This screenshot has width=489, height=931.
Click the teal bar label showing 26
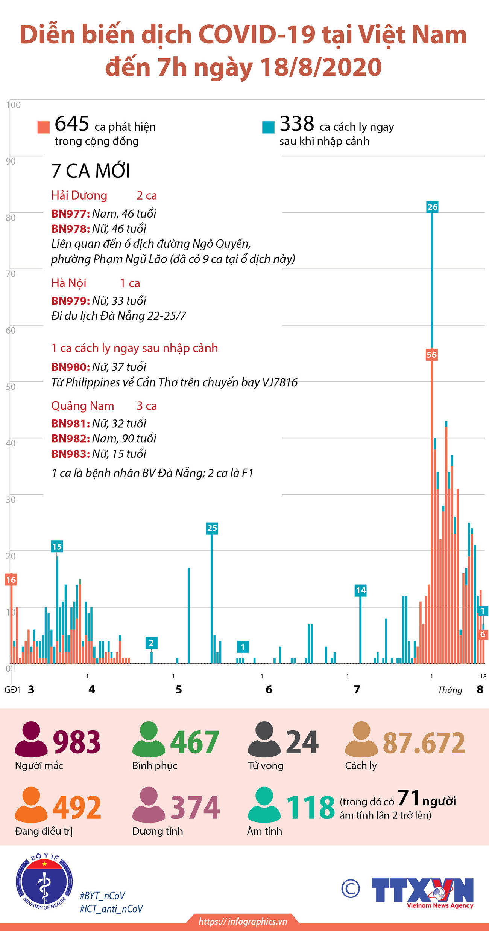click(x=432, y=207)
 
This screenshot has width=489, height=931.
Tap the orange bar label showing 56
click(x=431, y=355)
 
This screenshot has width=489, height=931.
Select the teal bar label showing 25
click(x=212, y=528)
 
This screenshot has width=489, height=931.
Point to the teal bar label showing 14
click(x=360, y=590)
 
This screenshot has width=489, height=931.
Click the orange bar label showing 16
click(x=11, y=580)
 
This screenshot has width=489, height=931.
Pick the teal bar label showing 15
click(x=57, y=547)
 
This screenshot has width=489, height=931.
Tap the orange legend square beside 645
click(x=44, y=127)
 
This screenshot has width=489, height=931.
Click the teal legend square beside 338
click(x=268, y=127)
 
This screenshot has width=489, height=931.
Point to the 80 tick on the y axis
click(x=11, y=218)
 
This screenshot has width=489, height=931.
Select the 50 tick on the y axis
click(x=11, y=387)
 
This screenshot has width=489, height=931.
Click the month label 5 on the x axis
click(x=179, y=689)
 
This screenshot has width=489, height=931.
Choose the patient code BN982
click(x=70, y=439)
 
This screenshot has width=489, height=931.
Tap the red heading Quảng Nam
click(x=83, y=406)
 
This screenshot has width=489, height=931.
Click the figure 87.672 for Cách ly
click(x=424, y=743)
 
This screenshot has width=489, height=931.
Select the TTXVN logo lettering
click(x=422, y=890)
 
